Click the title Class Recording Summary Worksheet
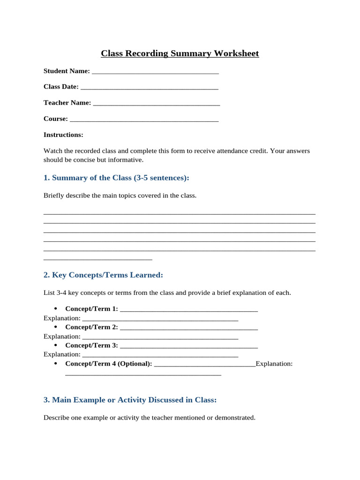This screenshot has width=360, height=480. click(180, 53)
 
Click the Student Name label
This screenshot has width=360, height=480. click(67, 71)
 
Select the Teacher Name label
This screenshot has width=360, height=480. click(67, 103)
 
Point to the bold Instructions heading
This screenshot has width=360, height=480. click(63, 135)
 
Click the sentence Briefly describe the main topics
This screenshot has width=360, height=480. click(120, 195)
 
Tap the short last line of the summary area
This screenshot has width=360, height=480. click(97, 258)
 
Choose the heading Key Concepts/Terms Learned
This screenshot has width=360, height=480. click(103, 275)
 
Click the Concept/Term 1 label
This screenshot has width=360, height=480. click(91, 309)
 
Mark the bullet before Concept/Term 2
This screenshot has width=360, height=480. click(56, 327)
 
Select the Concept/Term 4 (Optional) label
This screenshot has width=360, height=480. click(108, 364)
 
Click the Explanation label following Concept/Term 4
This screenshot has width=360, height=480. click(274, 364)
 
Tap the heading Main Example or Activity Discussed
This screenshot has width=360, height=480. click(130, 400)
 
